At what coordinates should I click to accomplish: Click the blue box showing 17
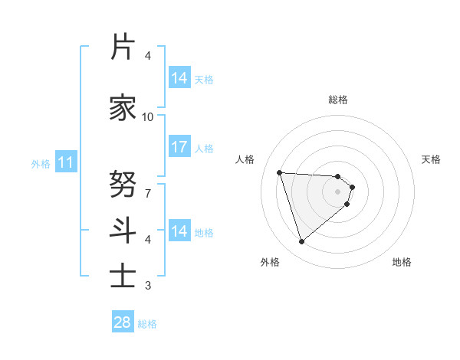pyautogui.click(x=179, y=147)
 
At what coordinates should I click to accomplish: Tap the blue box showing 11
pyautogui.click(x=65, y=162)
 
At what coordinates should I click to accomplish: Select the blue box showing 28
pyautogui.click(x=123, y=322)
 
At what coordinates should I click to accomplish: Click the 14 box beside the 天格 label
pyautogui.click(x=179, y=78)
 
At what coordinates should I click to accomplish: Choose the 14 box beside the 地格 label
pyautogui.click(x=179, y=231)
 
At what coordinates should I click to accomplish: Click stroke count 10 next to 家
pyautogui.click(x=148, y=116)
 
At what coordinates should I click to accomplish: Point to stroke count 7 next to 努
pyautogui.click(x=148, y=193)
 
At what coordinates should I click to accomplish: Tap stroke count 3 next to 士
pyautogui.click(x=148, y=286)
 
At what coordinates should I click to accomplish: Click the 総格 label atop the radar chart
pyautogui.click(x=338, y=100)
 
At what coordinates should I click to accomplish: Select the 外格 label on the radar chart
pyautogui.click(x=270, y=262)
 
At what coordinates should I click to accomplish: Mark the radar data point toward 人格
pyautogui.click(x=280, y=172)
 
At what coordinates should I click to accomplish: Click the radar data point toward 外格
pyautogui.click(x=301, y=242)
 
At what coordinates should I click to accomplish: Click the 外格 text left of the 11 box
pyautogui.click(x=41, y=163)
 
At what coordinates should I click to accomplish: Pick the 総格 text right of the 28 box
pyautogui.click(x=147, y=324)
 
